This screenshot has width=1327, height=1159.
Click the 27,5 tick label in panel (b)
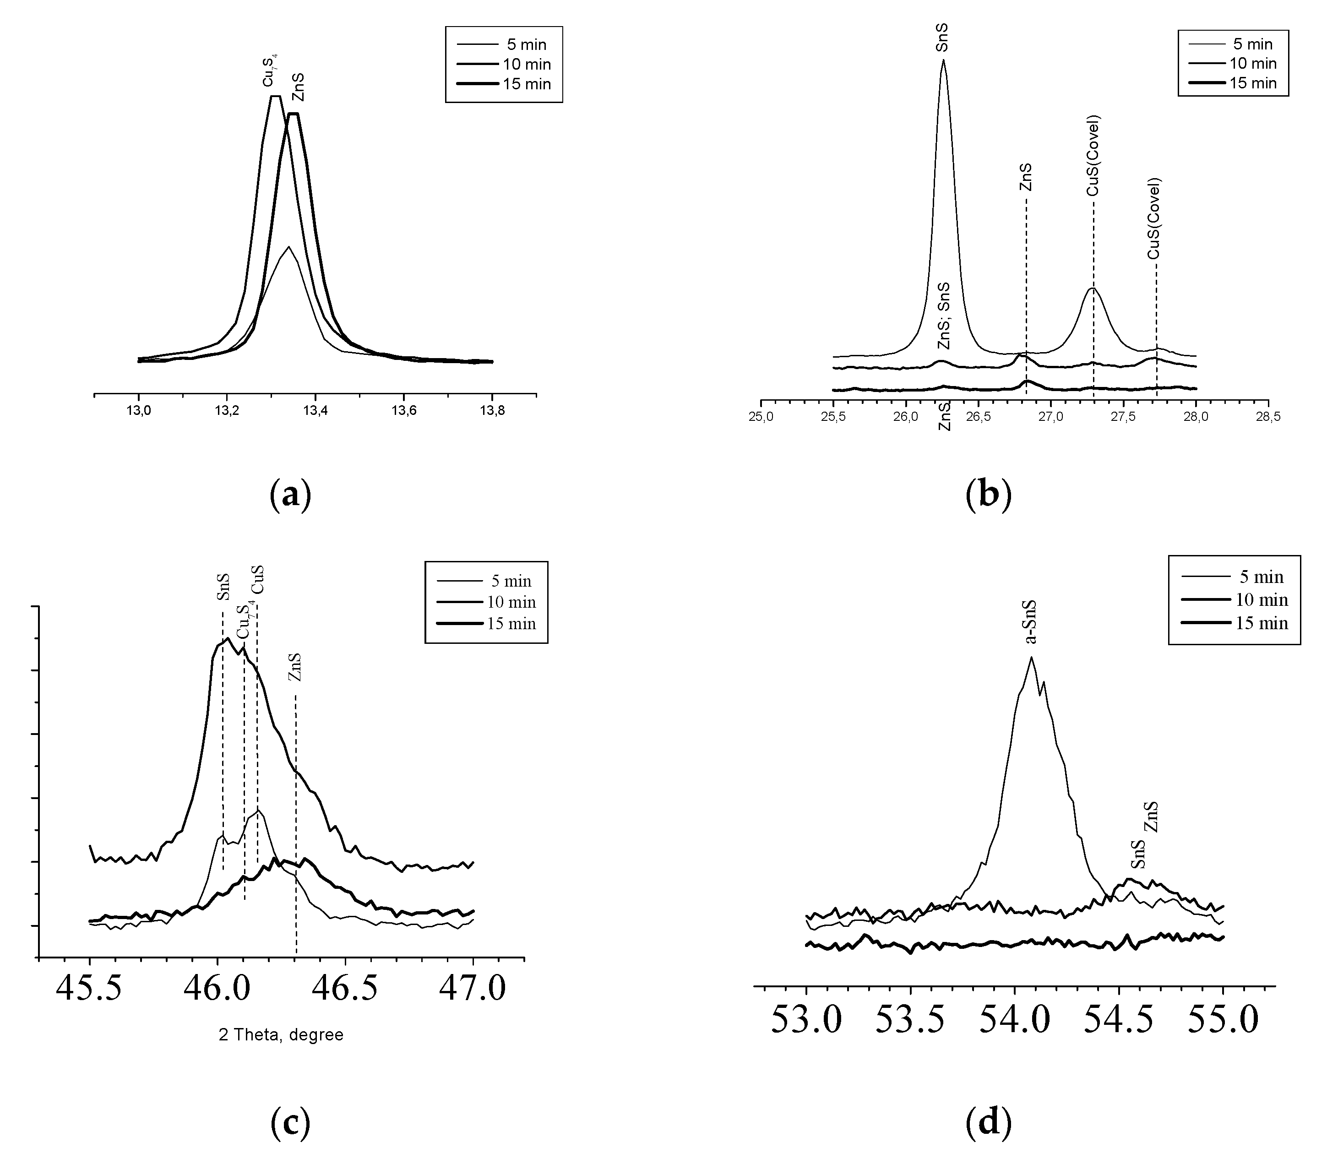tap(1123, 415)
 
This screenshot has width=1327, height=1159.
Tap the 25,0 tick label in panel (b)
tap(761, 415)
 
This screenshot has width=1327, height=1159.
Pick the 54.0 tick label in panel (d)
tap(1015, 1021)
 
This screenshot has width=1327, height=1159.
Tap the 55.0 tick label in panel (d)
tap(1224, 1021)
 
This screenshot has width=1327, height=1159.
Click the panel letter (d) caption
tap(988, 1124)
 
